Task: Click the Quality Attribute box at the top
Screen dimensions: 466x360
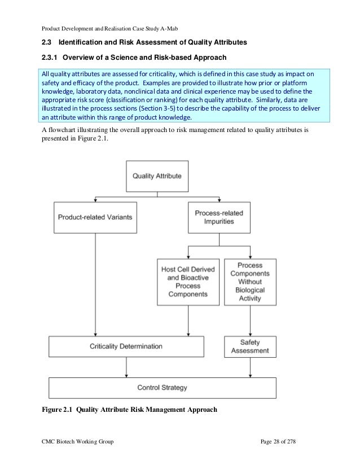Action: (x=157, y=176)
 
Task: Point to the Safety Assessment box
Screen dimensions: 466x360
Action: (x=250, y=345)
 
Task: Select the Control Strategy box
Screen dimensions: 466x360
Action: (x=163, y=388)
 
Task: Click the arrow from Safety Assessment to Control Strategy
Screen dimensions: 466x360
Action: (x=250, y=367)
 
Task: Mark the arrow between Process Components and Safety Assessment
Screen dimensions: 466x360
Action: (x=250, y=320)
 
